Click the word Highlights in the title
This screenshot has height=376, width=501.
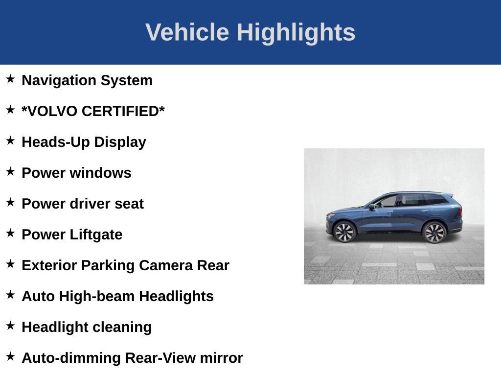(x=296, y=33)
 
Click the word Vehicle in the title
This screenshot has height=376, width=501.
(x=187, y=32)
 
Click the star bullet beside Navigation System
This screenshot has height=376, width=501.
(x=10, y=79)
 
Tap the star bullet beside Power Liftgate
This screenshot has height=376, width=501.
(x=10, y=233)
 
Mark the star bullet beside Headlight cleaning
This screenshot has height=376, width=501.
(x=10, y=326)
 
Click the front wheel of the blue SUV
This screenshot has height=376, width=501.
(x=344, y=232)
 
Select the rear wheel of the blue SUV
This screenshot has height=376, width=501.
(x=434, y=232)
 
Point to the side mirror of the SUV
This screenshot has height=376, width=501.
(x=372, y=207)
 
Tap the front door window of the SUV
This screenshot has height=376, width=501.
(x=387, y=201)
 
